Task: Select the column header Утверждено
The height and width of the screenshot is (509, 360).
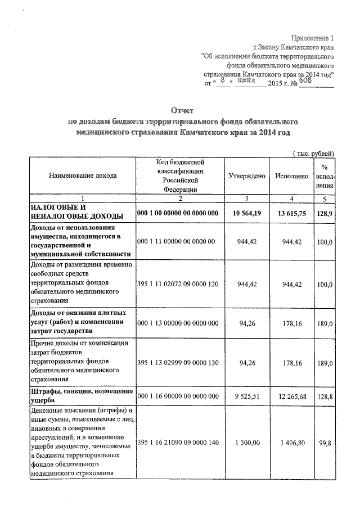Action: [247, 176]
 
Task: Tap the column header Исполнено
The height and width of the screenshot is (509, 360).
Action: [291, 176]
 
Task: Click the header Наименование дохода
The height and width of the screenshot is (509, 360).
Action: [83, 175]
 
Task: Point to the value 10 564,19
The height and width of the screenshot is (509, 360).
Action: [247, 213]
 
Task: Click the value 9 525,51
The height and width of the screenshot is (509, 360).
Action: [247, 396]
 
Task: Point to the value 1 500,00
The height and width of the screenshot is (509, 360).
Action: [247, 443]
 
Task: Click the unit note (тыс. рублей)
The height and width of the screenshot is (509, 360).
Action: [314, 154]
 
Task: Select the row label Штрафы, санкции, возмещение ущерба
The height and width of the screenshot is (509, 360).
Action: [82, 396]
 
